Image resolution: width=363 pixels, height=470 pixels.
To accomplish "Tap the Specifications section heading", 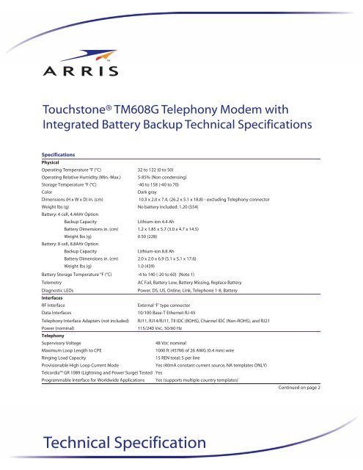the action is pyautogui.click(x=65, y=155).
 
